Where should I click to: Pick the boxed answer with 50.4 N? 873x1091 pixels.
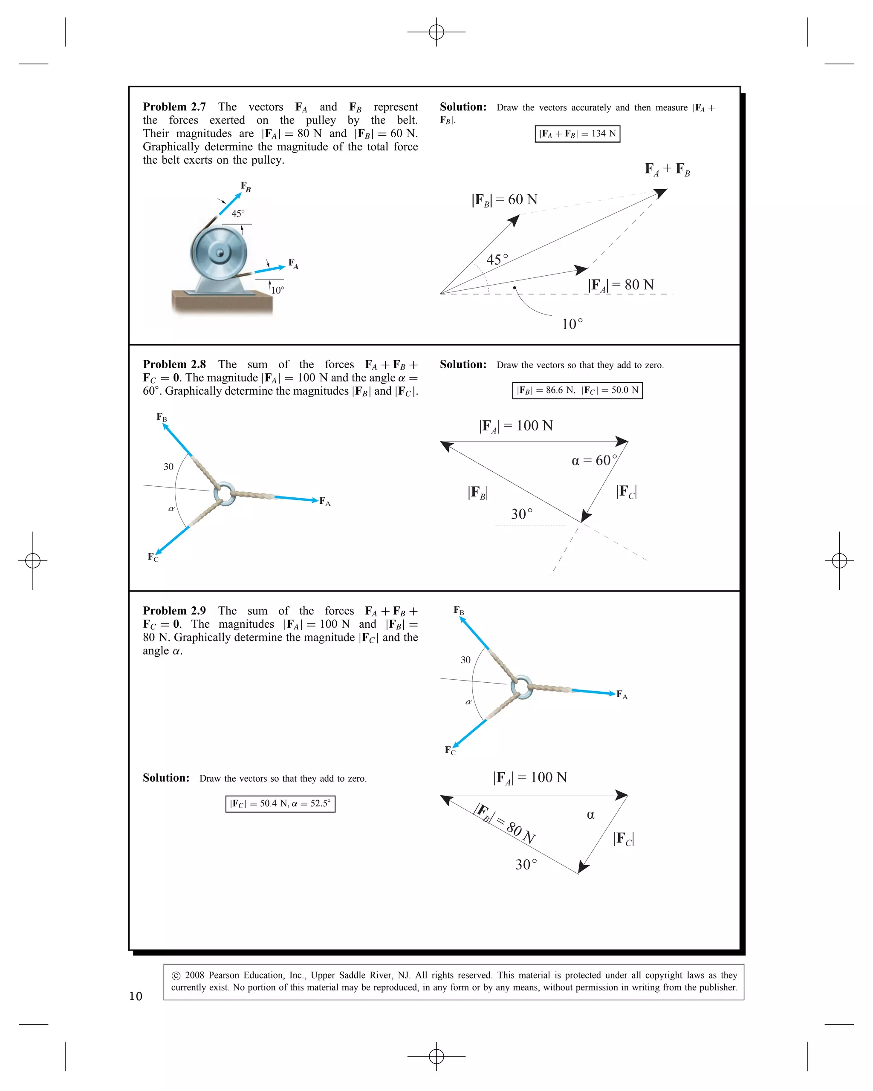[280, 804]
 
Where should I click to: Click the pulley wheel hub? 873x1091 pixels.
[220, 253]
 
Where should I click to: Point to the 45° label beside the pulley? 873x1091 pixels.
[238, 214]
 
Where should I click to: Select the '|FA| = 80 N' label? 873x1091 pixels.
[621, 285]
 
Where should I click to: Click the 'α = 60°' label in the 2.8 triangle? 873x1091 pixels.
[594, 461]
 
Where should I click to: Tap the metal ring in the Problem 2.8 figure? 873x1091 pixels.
[224, 494]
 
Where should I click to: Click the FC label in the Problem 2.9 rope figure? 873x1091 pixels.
[450, 750]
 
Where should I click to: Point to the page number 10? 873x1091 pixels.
[136, 996]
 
